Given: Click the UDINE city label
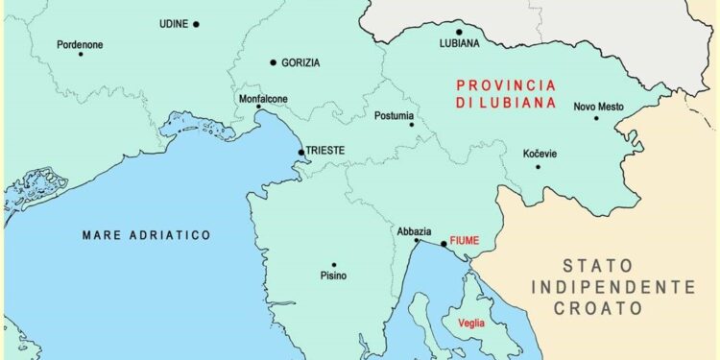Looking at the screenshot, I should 174,24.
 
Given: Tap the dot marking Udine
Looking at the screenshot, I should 196,24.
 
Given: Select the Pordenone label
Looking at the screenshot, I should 80,44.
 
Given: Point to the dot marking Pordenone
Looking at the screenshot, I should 80,54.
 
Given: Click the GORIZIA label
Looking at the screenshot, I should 300,62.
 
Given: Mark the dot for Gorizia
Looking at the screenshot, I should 274,62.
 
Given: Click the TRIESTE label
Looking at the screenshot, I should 324,151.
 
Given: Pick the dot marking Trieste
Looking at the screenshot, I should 300,152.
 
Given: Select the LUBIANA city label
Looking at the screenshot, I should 459,44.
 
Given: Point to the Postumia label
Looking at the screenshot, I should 395,116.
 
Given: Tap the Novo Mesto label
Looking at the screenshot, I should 599,107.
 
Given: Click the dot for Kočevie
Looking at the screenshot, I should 538,167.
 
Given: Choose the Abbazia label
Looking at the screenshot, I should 414,231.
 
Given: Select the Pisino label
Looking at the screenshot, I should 333,276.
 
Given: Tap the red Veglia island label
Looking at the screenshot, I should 471,324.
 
